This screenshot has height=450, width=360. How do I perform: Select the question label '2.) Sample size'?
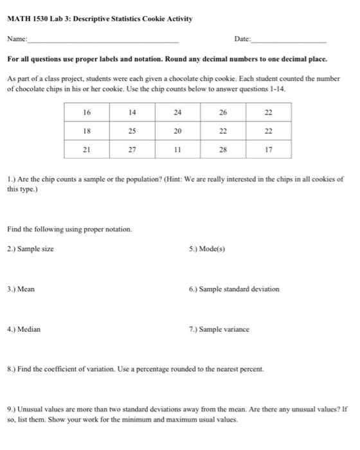(30, 249)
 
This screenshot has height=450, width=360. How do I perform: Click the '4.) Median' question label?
(24, 329)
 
